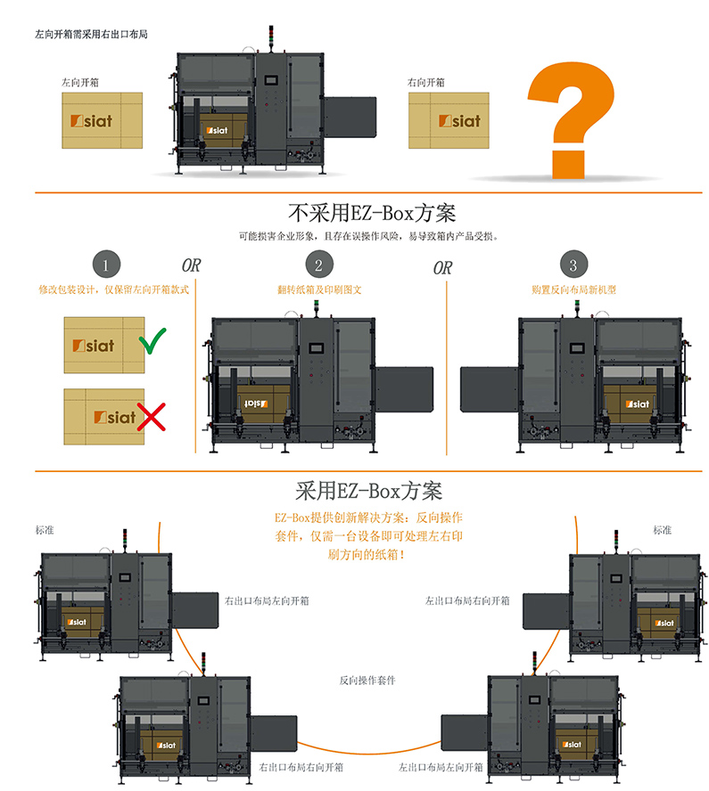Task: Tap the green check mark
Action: [x=153, y=340]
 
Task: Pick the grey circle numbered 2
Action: [x=318, y=265]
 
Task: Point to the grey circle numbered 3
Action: [x=573, y=265]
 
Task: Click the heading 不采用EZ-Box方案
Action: [x=372, y=214]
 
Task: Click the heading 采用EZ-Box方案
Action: [x=368, y=491]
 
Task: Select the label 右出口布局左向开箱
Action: [x=267, y=601]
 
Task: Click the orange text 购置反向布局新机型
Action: [x=573, y=289]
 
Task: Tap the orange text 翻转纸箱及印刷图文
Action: [x=319, y=289]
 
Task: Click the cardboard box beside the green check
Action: [x=102, y=346]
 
